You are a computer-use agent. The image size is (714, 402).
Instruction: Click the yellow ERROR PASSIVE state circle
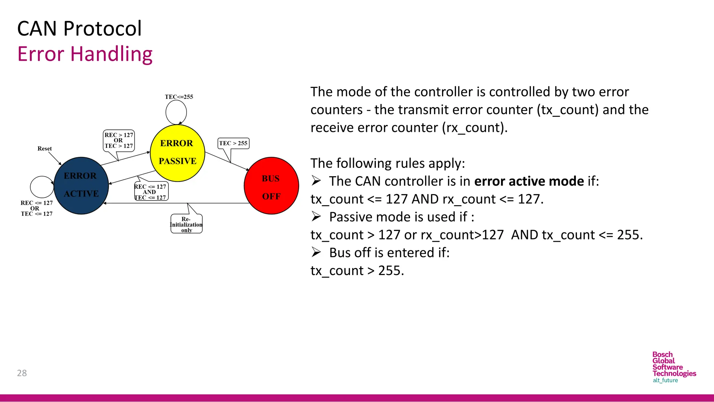coord(177,153)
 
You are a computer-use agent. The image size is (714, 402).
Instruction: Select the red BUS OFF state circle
coord(271,186)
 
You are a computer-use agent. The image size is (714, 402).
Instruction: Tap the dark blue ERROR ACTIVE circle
coord(81,185)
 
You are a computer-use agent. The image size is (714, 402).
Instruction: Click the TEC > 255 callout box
coord(233,143)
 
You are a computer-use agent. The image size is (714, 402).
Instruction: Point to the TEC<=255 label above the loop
coord(179,97)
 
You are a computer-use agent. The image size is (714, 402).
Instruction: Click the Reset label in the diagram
coord(45,149)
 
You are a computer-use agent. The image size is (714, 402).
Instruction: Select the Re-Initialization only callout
coord(186,224)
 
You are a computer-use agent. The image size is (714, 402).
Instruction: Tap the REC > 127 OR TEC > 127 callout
coord(119,140)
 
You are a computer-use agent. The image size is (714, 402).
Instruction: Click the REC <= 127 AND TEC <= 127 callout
coord(151,192)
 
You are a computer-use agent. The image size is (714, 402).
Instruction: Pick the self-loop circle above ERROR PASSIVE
coord(176,112)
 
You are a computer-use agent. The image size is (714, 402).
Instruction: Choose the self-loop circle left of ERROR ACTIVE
coord(41,187)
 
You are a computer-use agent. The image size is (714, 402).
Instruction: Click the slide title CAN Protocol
coord(79,29)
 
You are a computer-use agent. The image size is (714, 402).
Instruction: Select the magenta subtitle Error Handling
coord(85,54)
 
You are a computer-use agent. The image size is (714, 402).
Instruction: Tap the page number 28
coord(22,373)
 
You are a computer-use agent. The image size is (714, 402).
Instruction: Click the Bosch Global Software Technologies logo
coord(674,367)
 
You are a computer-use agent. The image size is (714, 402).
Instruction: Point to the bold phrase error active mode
coord(529,181)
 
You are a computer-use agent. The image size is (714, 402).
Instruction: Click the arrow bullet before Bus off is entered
coord(316,252)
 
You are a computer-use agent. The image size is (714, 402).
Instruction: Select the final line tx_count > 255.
coord(357,271)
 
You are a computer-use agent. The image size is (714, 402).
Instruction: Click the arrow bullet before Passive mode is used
coord(316,217)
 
